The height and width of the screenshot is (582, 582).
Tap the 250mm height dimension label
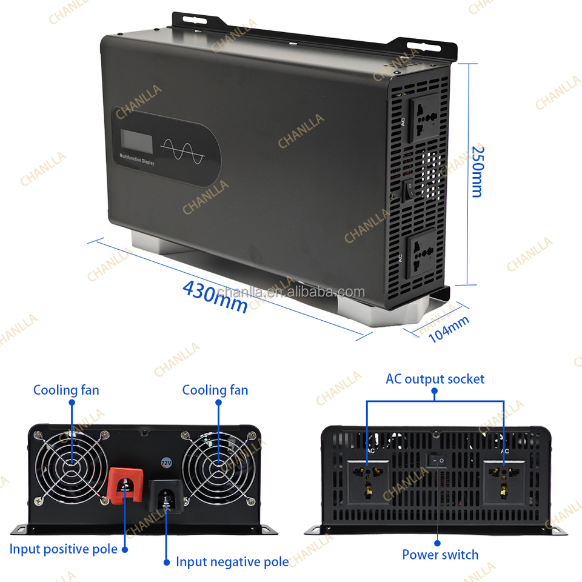(x=478, y=171)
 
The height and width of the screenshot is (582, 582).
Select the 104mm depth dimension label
(x=449, y=329)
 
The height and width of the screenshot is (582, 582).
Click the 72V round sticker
(x=165, y=463)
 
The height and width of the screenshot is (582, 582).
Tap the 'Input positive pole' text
(x=63, y=549)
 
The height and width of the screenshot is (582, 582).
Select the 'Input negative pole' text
(x=232, y=562)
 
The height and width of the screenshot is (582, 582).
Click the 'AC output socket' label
(x=435, y=379)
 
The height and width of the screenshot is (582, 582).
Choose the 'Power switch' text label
(x=440, y=555)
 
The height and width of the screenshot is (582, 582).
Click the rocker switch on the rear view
(x=436, y=461)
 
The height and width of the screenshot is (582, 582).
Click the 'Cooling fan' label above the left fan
(x=66, y=390)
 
